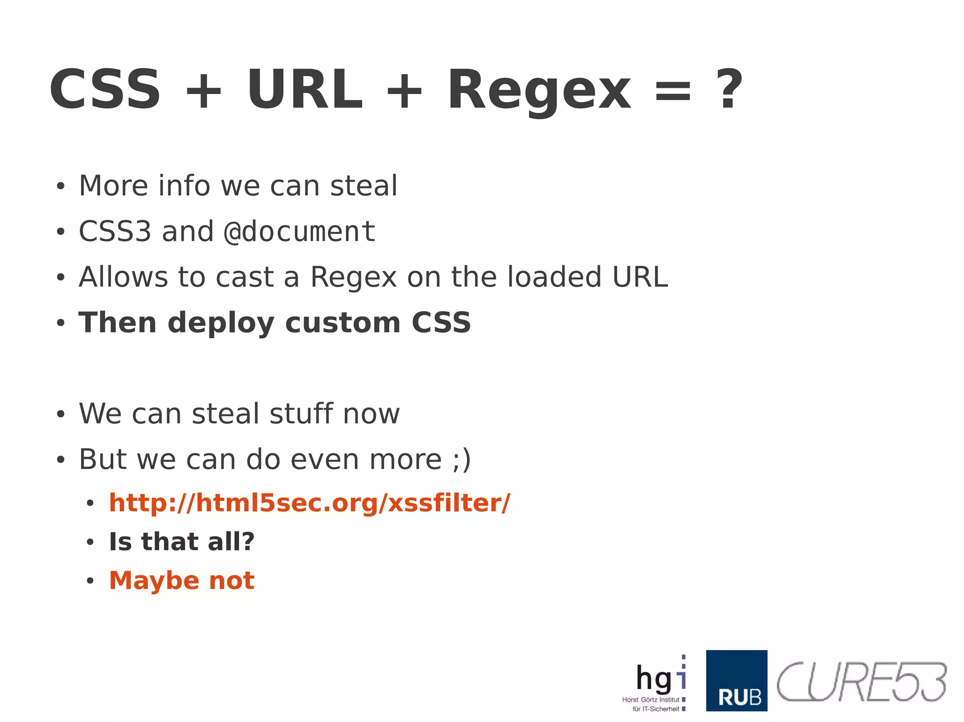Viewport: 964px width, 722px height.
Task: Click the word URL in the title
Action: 305,89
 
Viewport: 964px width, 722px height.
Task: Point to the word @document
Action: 299,231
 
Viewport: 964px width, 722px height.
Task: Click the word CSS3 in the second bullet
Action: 115,231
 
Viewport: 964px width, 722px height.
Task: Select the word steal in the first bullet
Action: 363,186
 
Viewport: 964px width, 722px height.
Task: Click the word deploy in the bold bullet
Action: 221,323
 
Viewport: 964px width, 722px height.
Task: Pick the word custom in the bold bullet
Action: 343,323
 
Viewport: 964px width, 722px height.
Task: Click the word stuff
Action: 301,414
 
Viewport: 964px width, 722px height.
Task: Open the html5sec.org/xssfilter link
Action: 309,503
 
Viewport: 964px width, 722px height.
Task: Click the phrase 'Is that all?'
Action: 182,542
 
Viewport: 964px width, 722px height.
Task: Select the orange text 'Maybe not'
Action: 182,581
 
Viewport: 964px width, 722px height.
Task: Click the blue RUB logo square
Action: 736,680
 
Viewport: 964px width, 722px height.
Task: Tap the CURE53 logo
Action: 861,682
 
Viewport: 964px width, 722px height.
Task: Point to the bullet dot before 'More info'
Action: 60,187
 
